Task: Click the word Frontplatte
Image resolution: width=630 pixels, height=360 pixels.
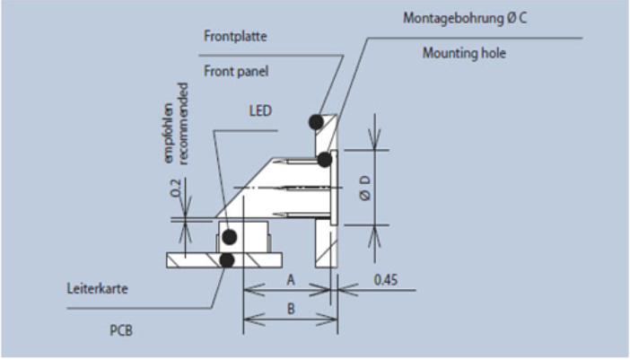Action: (235, 36)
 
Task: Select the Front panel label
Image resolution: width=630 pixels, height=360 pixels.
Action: (236, 71)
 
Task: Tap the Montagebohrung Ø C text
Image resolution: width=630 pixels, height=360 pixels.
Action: (465, 18)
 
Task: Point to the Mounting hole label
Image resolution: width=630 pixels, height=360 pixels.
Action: (464, 53)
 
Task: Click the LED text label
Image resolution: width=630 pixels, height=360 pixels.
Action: (260, 110)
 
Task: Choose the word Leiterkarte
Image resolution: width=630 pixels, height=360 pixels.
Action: (97, 288)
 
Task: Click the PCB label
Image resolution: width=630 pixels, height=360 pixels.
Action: (121, 330)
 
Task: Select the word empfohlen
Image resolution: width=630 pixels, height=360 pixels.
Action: (169, 133)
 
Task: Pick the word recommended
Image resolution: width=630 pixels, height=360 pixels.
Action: (183, 124)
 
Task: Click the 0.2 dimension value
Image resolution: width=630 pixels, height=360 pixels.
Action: (176, 188)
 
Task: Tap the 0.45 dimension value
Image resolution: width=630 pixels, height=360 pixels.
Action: (386, 279)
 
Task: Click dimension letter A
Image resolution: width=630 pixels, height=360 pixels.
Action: (291, 279)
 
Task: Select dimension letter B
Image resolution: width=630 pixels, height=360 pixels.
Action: (291, 309)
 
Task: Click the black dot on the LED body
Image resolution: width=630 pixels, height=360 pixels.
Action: (230, 237)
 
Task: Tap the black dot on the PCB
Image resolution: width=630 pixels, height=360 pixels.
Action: (227, 260)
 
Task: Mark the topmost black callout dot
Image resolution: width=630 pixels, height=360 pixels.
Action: (317, 122)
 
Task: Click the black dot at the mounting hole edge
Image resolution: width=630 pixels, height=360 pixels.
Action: (325, 160)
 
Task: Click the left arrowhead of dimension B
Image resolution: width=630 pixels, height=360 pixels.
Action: (254, 320)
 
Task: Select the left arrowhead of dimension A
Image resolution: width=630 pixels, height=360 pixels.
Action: (254, 289)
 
